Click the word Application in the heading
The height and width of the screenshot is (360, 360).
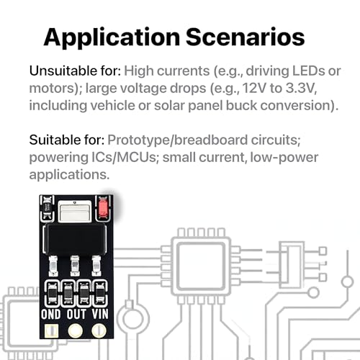(112, 38)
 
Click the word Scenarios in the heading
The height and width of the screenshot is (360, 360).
(246, 37)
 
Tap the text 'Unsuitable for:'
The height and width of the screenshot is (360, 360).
(75, 71)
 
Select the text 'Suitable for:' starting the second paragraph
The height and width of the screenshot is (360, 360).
(67, 140)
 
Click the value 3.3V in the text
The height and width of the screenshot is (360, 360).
(301, 88)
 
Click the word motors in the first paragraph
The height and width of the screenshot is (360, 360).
(53, 89)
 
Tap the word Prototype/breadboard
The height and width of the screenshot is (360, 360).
(177, 140)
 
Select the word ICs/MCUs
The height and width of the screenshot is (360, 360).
(124, 158)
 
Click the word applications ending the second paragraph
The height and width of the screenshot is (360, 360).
(69, 175)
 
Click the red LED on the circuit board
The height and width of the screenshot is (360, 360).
(103, 208)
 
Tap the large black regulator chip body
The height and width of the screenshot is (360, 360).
(76, 239)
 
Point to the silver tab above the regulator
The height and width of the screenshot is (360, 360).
(75, 211)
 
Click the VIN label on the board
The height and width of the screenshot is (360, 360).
(100, 314)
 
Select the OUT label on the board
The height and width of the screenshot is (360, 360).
(76, 314)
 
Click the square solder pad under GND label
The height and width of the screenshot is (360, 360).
(51, 331)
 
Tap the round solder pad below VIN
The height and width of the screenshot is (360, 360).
(99, 330)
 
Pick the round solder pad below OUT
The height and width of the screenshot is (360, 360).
(76, 330)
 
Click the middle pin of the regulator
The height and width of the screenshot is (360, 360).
(75, 265)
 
